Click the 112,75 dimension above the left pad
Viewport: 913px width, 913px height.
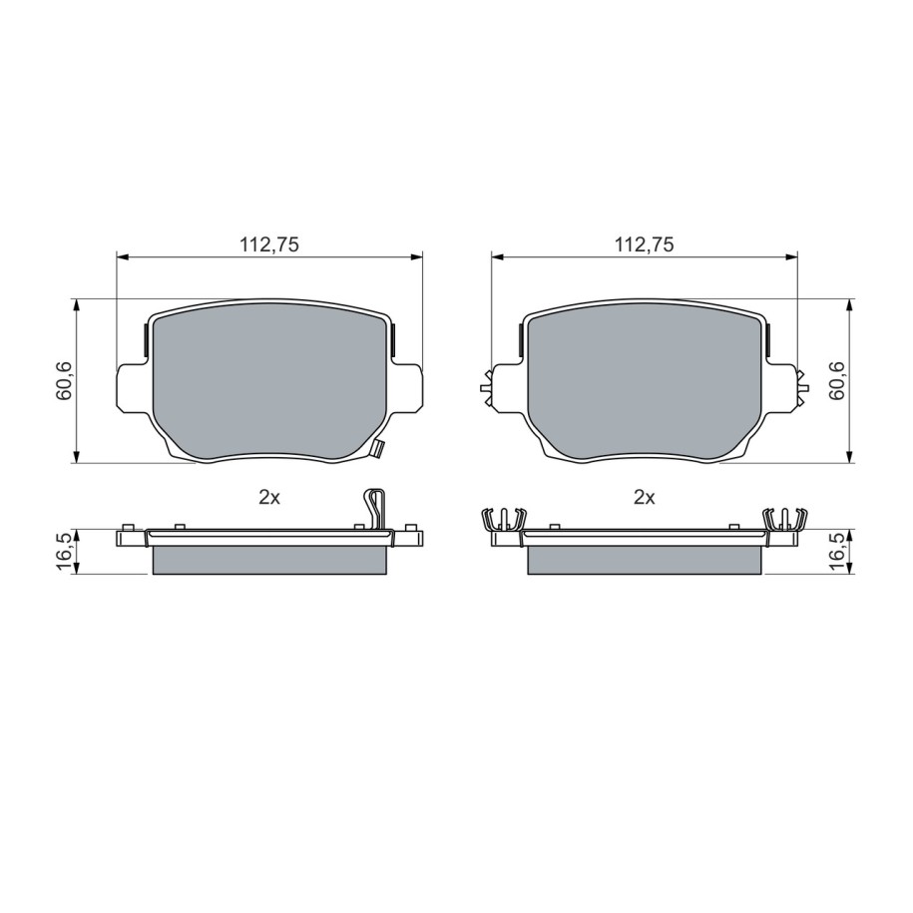(x=269, y=245)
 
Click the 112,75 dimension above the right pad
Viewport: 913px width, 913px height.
(x=644, y=245)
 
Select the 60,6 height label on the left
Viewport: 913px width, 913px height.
(x=64, y=381)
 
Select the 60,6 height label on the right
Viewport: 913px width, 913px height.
(x=838, y=381)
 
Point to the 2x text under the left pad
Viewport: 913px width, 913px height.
(x=269, y=498)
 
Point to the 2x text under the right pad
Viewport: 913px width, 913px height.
(x=644, y=498)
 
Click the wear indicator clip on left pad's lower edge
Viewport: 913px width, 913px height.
(x=378, y=448)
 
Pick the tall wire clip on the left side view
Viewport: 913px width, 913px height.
(x=375, y=509)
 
